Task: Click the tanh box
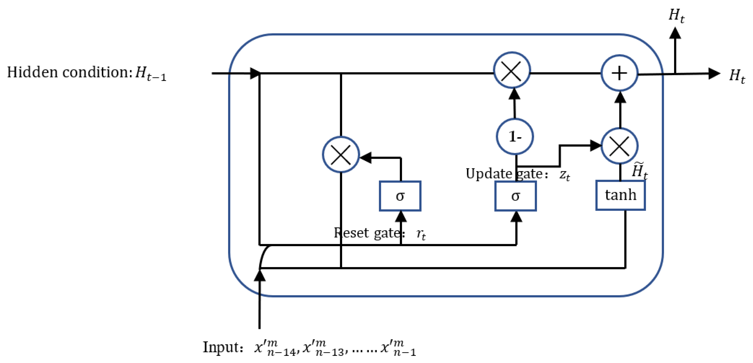point(620,195)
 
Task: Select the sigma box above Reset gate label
point(400,196)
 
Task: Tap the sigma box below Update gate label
point(515,196)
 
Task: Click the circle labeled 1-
point(515,136)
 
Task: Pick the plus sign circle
point(619,73)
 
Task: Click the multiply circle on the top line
point(512,70)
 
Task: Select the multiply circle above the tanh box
point(619,146)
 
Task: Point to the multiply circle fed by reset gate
point(341,155)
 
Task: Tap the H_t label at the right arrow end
point(737,76)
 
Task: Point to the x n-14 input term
point(275,348)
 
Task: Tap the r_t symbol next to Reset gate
point(421,234)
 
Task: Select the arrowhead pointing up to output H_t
point(675,33)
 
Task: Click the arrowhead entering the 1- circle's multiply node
point(515,93)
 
